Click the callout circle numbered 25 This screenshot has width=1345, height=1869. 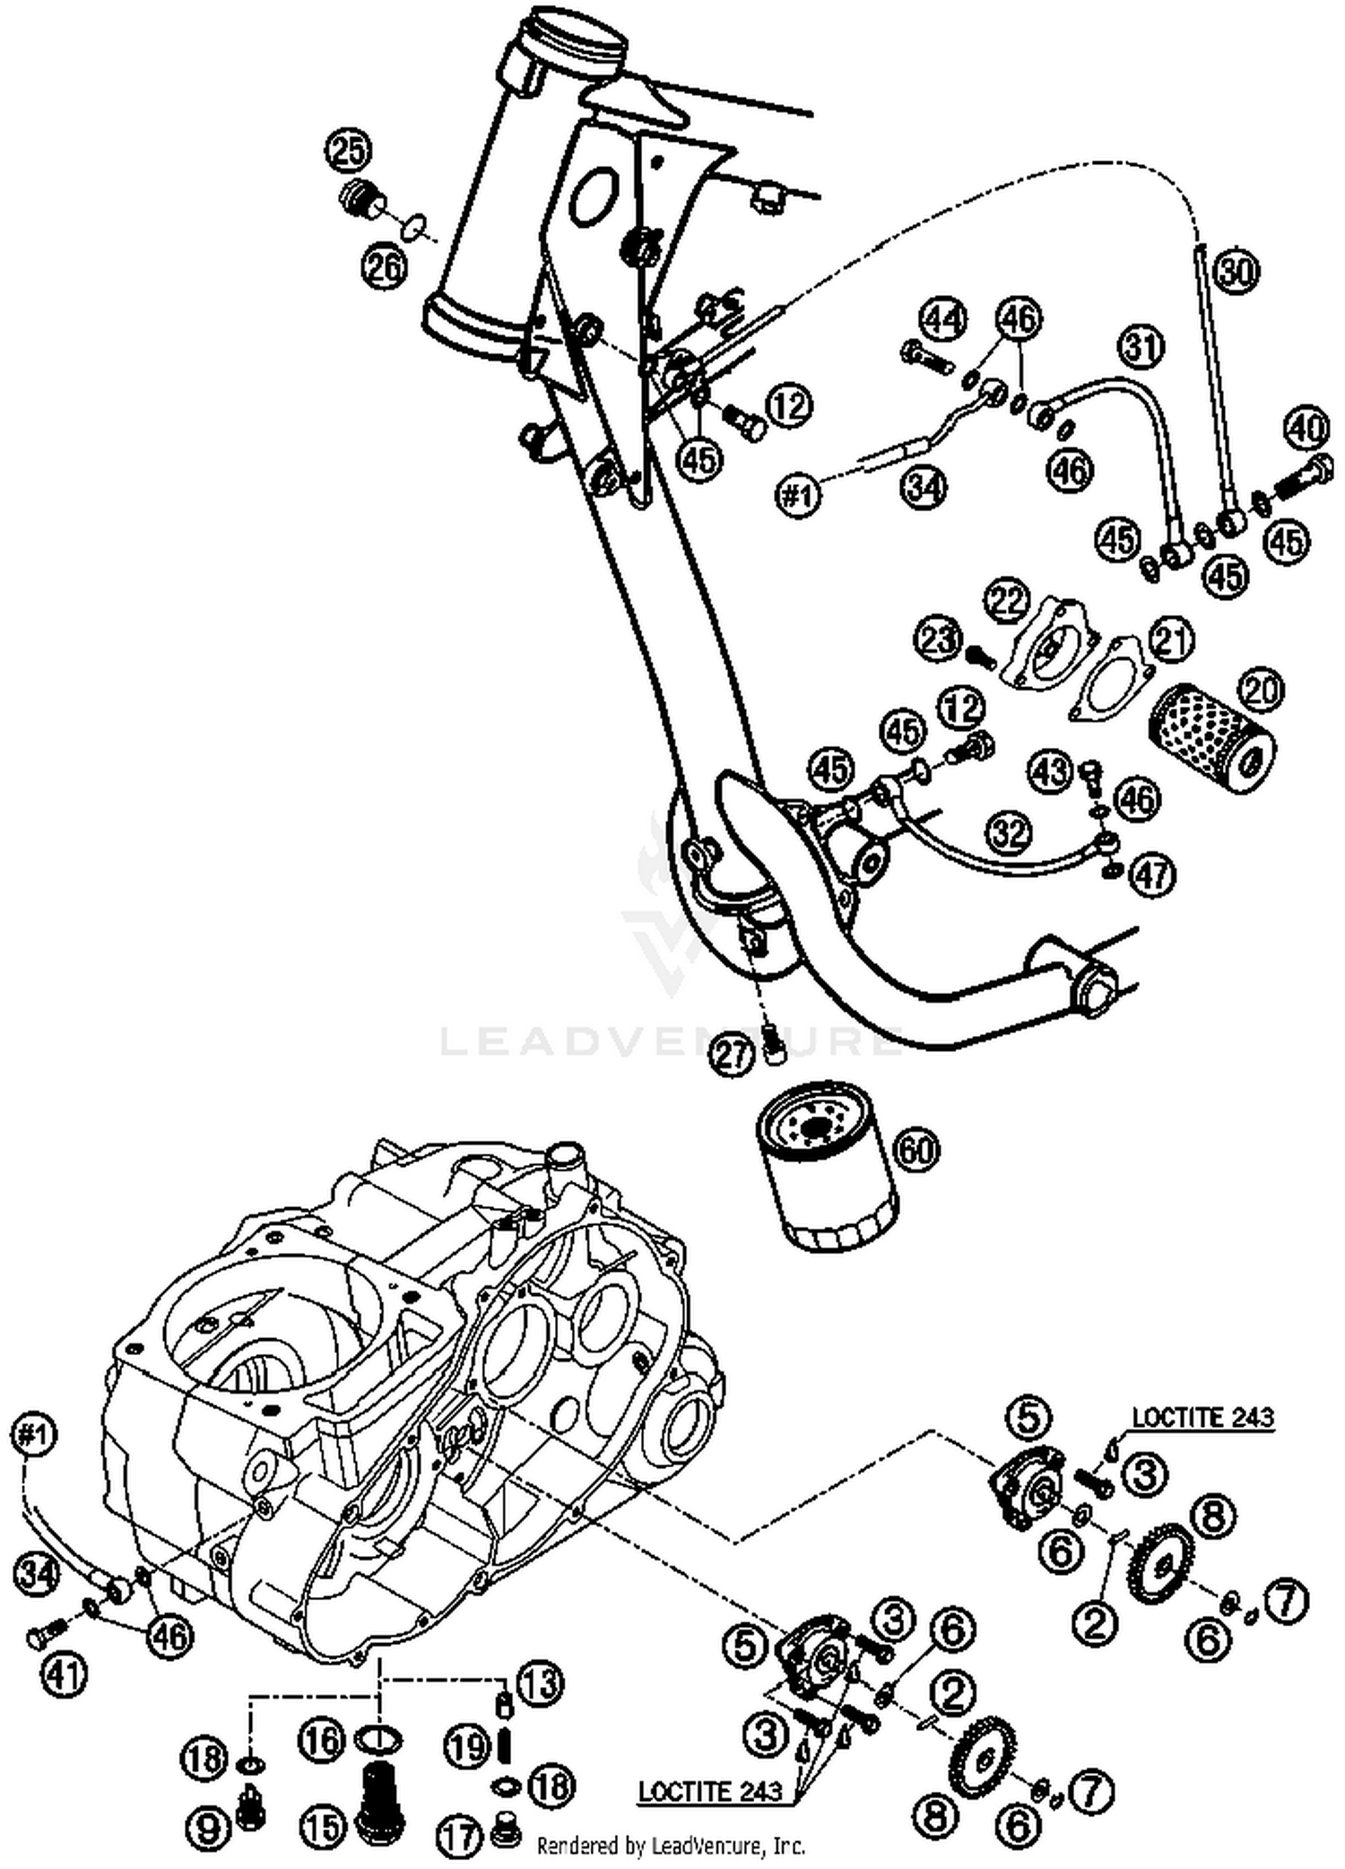(x=349, y=151)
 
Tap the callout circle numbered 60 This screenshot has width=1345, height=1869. (x=915, y=1150)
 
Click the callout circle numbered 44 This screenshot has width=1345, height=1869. (x=945, y=319)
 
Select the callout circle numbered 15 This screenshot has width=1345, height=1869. (x=322, y=1826)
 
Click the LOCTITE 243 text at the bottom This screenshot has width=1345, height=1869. (x=710, y=1791)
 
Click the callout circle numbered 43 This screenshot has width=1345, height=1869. (x=1051, y=770)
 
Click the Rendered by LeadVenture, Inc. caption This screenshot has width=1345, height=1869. (x=671, y=1847)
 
